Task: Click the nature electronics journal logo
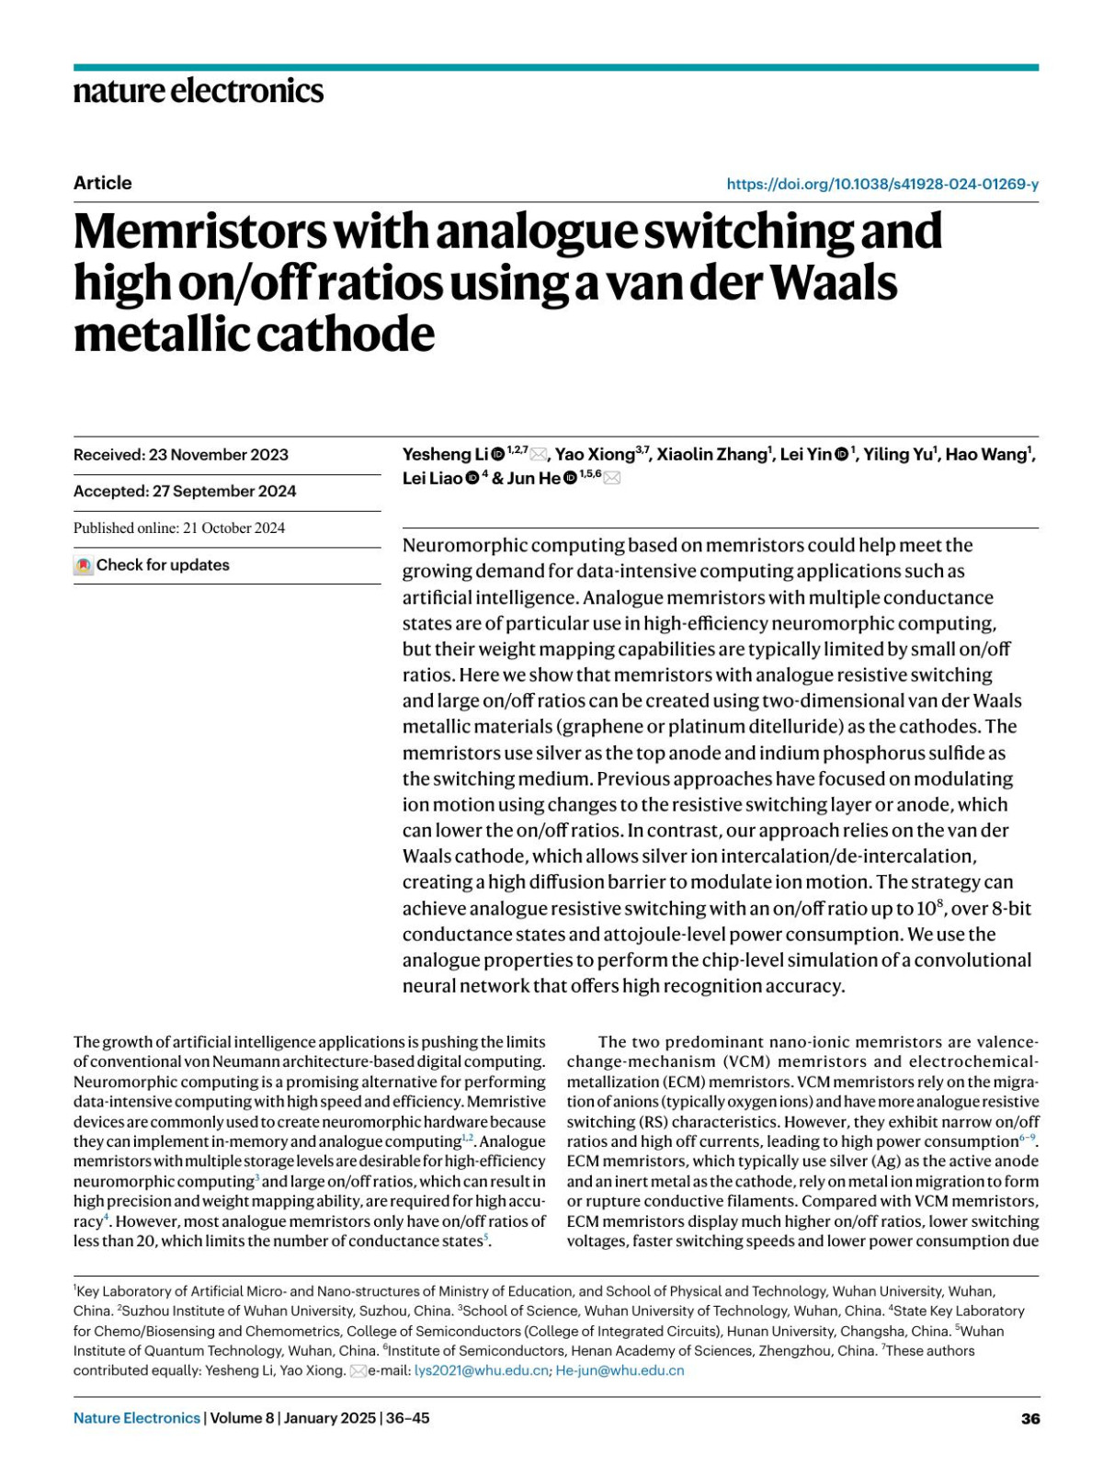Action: point(199,90)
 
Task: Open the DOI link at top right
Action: point(881,184)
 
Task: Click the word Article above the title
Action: point(103,183)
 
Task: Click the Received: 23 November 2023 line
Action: point(181,455)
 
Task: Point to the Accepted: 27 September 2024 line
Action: point(185,491)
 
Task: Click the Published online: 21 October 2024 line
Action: point(179,528)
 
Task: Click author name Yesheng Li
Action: point(445,454)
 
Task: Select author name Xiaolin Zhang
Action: point(711,454)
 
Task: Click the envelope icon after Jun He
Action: point(612,478)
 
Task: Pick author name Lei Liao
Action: point(432,478)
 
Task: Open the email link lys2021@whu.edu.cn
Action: point(482,1370)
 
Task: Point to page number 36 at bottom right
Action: point(1029,1418)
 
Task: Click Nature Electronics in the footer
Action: point(137,1418)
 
